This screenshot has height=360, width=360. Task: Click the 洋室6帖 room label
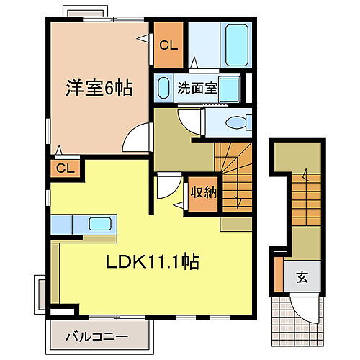(101, 89)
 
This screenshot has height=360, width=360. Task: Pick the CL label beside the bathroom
(168, 45)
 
